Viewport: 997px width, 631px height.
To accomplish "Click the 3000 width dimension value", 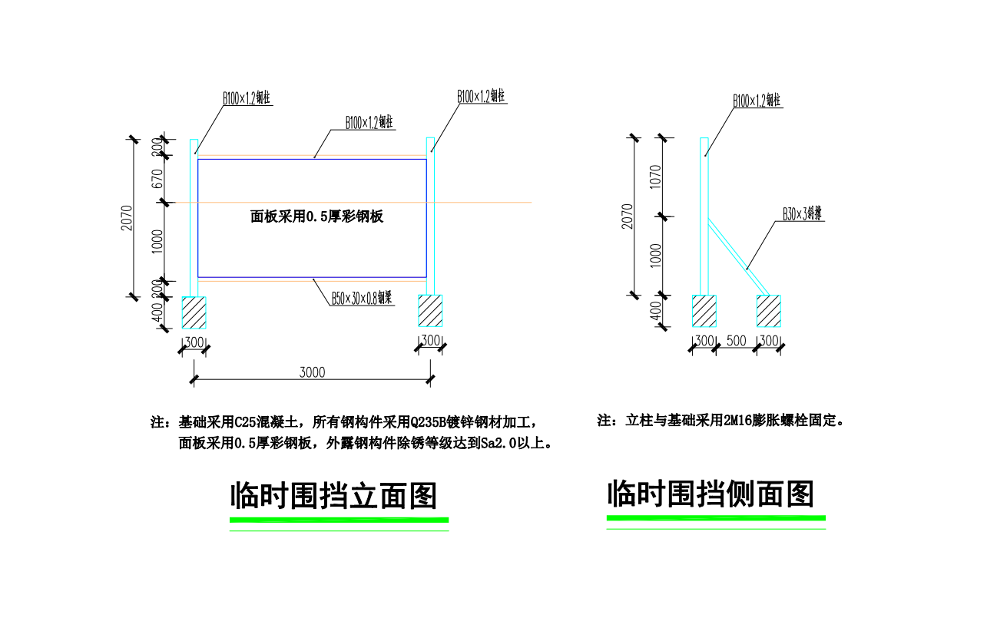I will [312, 372].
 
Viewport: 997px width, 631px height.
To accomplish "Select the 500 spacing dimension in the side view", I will [736, 341].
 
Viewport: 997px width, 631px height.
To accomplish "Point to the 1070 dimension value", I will [655, 177].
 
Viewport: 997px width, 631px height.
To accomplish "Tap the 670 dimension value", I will [157, 179].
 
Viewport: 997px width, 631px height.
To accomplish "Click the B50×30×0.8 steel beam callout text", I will [362, 298].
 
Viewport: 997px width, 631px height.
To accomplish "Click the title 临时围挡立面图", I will [333, 496].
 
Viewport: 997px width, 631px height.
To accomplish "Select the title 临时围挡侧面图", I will [710, 494].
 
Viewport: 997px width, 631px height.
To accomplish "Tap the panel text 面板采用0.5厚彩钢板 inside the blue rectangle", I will [316, 216].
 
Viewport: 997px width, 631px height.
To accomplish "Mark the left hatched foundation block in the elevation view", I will [194, 312].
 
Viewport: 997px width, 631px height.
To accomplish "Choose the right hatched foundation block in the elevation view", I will [430, 312].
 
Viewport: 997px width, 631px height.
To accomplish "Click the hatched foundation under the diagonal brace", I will [769, 311].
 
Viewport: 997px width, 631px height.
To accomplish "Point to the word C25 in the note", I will [243, 421].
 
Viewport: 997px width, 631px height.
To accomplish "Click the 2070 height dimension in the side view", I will [628, 216].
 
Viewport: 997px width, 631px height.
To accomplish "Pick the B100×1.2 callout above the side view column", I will [756, 101].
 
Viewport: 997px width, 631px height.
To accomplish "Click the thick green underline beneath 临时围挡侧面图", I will [716, 518].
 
